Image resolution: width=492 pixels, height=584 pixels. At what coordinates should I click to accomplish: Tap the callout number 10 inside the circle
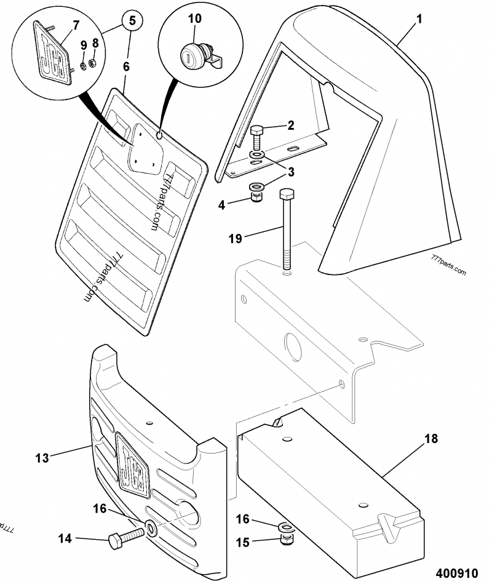click(194, 18)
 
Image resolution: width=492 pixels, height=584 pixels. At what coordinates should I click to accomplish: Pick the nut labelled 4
click(255, 197)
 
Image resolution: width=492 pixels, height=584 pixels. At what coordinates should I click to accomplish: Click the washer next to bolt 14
click(151, 528)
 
